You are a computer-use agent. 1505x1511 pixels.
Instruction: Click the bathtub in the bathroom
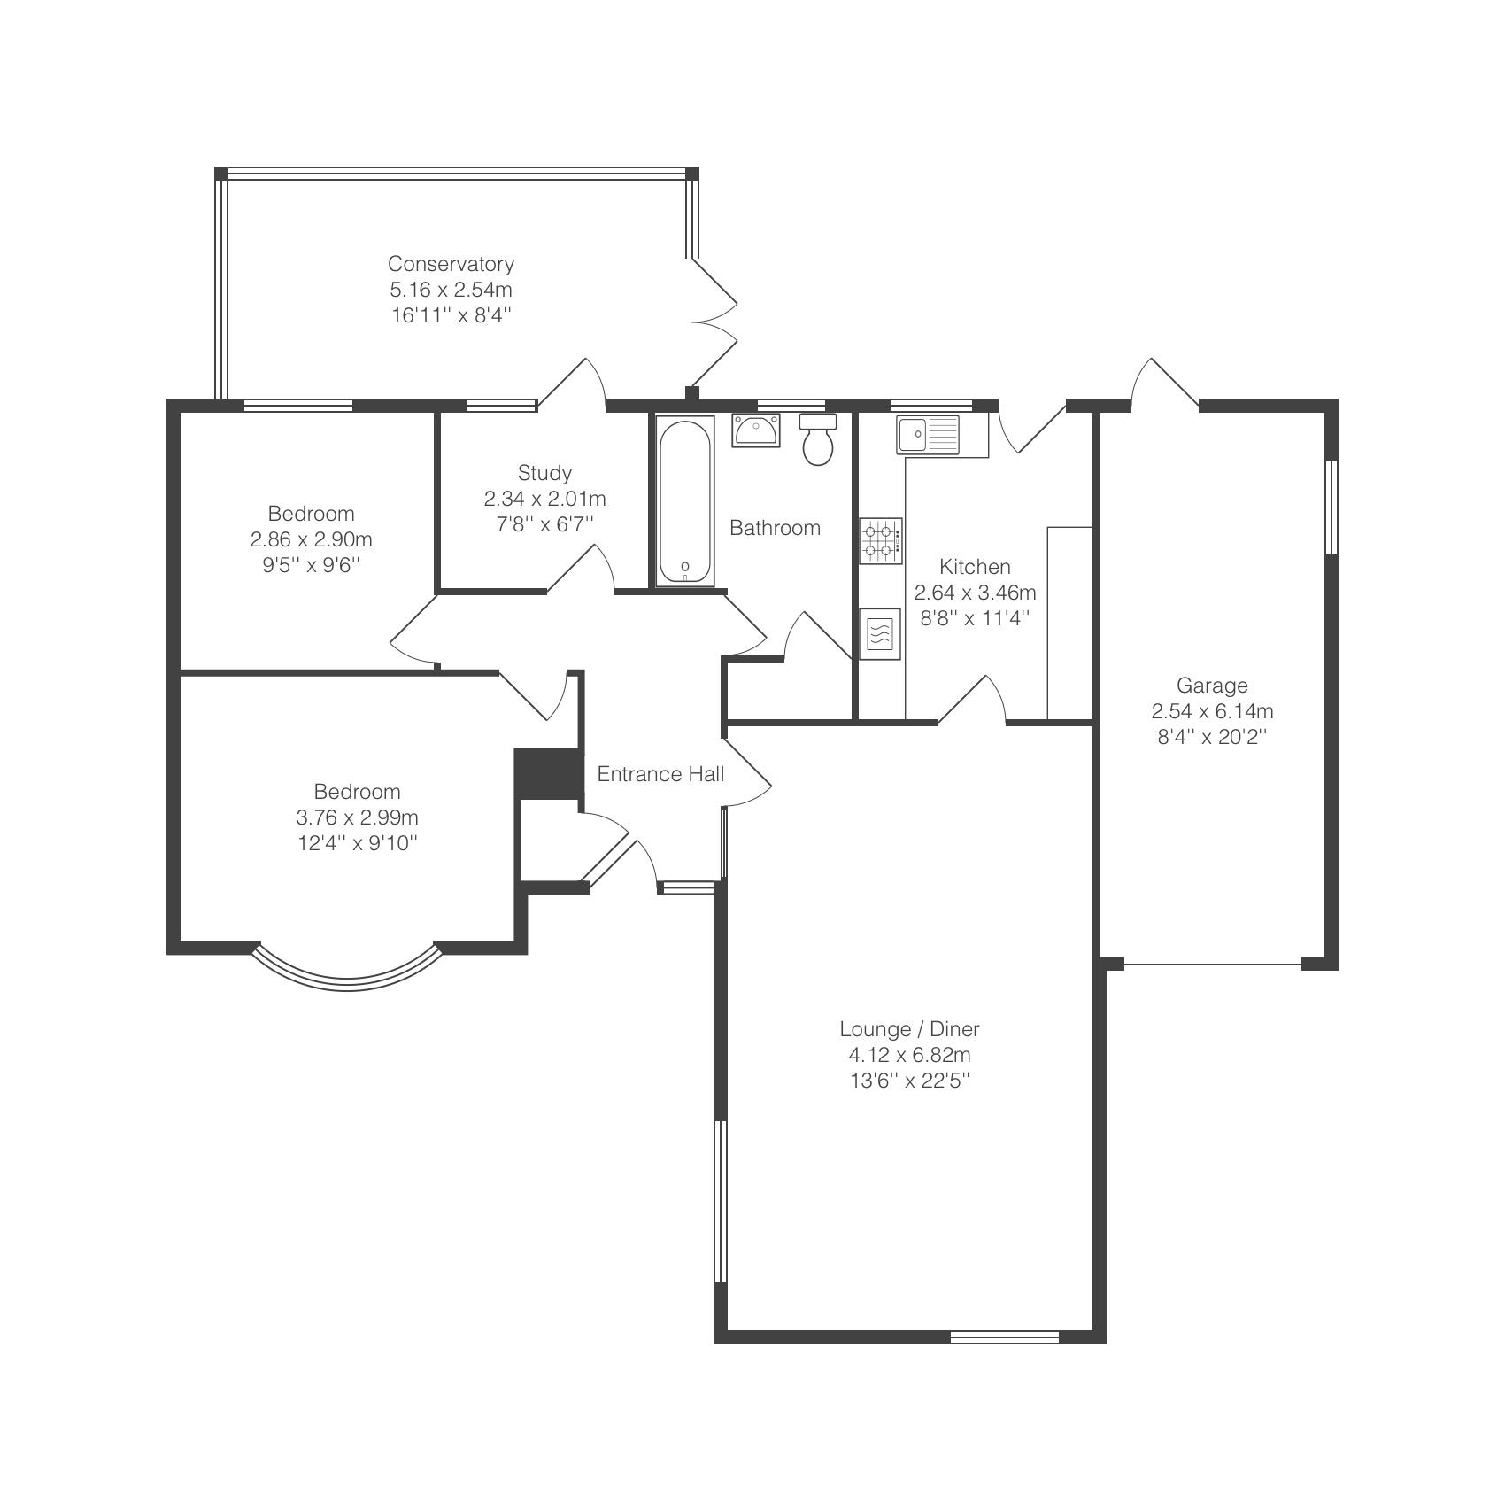pyautogui.click(x=685, y=500)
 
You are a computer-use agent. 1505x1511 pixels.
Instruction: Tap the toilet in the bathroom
pyautogui.click(x=818, y=438)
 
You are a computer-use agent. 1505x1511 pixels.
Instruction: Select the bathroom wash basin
pyautogui.click(x=756, y=430)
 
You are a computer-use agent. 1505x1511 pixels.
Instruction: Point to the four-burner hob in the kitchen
pyautogui.click(x=881, y=541)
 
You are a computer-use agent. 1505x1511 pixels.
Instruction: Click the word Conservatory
pyautogui.click(x=451, y=264)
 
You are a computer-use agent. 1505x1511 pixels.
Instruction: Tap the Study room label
pyautogui.click(x=544, y=473)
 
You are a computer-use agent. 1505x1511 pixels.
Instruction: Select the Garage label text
pyautogui.click(x=1212, y=685)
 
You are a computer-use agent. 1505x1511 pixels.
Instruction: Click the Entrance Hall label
pyautogui.click(x=660, y=774)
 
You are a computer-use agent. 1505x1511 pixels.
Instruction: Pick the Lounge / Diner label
pyautogui.click(x=909, y=1029)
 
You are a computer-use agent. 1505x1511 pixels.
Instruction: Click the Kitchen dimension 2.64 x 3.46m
pyautogui.click(x=975, y=593)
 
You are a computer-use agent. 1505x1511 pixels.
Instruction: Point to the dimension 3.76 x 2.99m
pyautogui.click(x=358, y=817)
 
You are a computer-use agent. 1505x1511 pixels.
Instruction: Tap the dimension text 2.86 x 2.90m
pyautogui.click(x=311, y=539)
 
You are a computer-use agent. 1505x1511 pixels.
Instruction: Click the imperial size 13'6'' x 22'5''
pyautogui.click(x=909, y=1081)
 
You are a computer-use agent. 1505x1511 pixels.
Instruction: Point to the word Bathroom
pyautogui.click(x=775, y=528)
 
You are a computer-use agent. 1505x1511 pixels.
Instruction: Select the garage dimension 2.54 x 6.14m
pyautogui.click(x=1212, y=710)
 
